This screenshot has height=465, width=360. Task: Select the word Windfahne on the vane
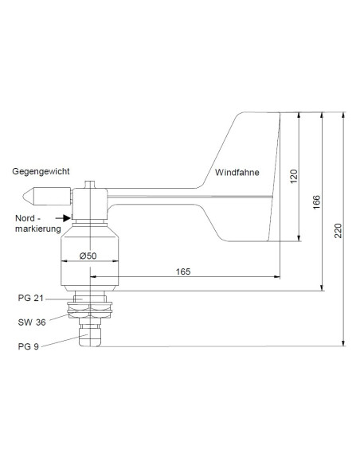[x=237, y=173]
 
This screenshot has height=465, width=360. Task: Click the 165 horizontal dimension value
[x=182, y=272]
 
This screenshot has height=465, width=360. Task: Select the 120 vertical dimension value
[x=293, y=177]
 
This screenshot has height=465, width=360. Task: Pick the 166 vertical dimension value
[x=316, y=202]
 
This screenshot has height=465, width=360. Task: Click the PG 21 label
[x=29, y=298]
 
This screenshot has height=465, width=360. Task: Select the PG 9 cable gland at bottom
[x=91, y=338]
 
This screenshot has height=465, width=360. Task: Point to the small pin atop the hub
[x=90, y=182]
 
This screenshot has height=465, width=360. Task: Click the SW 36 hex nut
[x=91, y=313]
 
